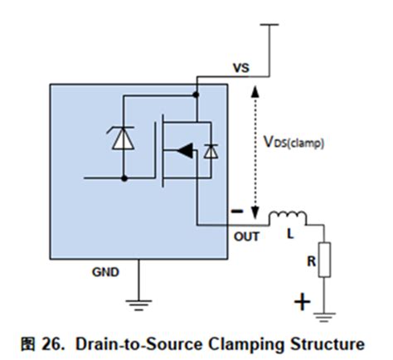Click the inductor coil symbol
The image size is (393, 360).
pyautogui.click(x=286, y=218)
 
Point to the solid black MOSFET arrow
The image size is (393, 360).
pyautogui.click(x=185, y=150)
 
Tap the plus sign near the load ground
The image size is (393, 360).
pyautogui.click(x=302, y=301)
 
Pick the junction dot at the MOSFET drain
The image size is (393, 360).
pyautogui.click(x=196, y=95)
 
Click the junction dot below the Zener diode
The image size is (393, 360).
pyautogui.click(x=124, y=178)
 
